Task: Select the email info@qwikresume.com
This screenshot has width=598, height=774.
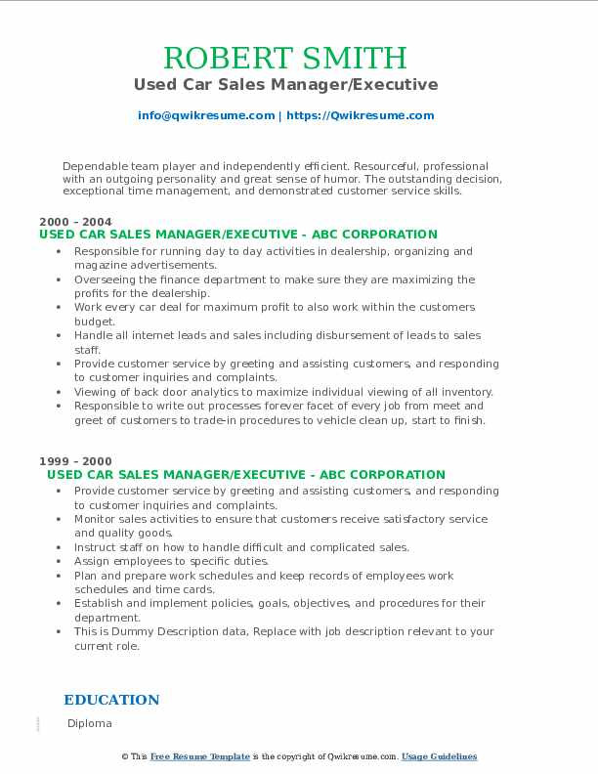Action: click(x=206, y=115)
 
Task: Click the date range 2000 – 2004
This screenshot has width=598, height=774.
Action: click(x=75, y=222)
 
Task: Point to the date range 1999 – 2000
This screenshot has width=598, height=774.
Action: click(x=75, y=461)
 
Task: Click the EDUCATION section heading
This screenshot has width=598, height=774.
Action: click(x=111, y=700)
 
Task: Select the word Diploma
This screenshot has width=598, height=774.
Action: click(x=90, y=723)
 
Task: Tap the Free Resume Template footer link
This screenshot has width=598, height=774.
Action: click(x=200, y=756)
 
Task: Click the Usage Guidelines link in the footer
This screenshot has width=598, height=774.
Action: click(x=439, y=756)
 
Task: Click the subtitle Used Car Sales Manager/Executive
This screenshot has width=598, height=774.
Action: click(x=285, y=85)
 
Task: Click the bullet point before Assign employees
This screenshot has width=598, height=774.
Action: click(x=64, y=562)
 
